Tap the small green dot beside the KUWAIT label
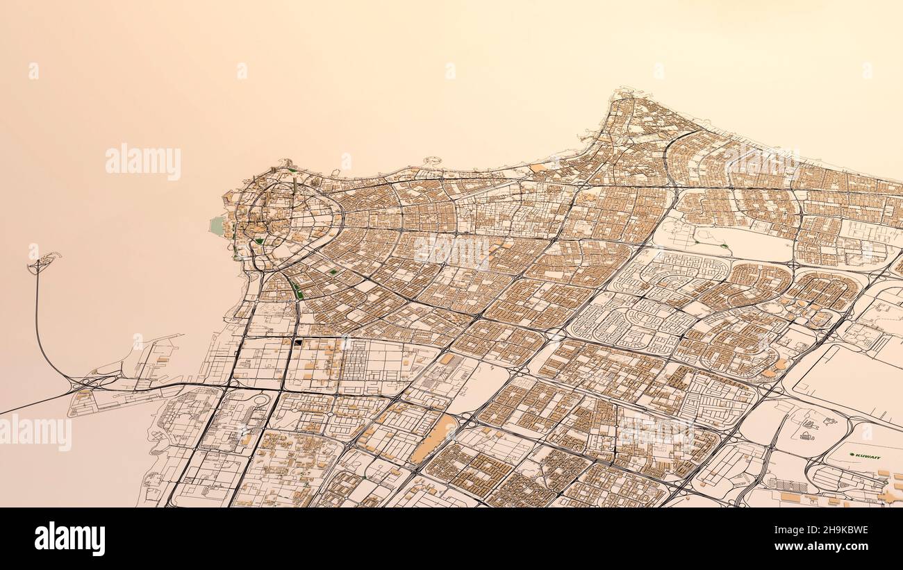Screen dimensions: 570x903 (852, 455)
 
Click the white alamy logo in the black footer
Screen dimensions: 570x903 (69, 539)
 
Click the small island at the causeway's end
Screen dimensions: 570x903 (44, 262)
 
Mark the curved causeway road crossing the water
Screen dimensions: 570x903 (38, 326)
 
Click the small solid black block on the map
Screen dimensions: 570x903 (298, 342)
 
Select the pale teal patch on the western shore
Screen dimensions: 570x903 (218, 224)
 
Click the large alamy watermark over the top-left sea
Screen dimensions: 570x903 (143, 161)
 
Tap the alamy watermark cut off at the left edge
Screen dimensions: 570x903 (35, 432)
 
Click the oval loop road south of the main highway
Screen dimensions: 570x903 (262, 400)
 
